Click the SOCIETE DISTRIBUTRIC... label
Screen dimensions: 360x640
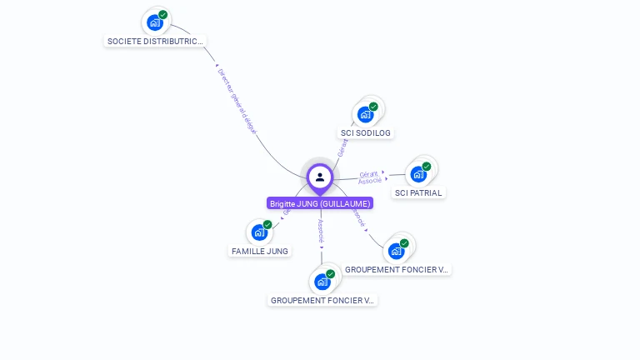pyautogui.click(x=155, y=41)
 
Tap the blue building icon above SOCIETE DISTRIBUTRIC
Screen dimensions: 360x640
pyautogui.click(x=154, y=22)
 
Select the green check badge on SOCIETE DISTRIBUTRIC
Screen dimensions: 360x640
pyautogui.click(x=163, y=15)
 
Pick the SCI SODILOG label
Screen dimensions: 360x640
pyautogui.click(x=366, y=132)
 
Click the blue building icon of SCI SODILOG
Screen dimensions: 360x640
pyautogui.click(x=365, y=114)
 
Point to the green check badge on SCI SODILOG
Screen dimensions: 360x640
pyautogui.click(x=373, y=107)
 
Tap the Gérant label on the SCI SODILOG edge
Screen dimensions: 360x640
pyautogui.click(x=342, y=147)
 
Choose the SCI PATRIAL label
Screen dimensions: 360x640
pyautogui.click(x=418, y=192)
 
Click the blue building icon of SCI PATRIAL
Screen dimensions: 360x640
pyautogui.click(x=417, y=174)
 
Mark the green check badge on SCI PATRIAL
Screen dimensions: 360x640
pyautogui.click(x=427, y=167)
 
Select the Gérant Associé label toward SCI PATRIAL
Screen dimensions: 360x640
pyautogui.click(x=370, y=177)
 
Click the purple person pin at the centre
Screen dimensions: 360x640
pyautogui.click(x=320, y=177)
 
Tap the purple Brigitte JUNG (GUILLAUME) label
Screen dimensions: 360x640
pyautogui.click(x=320, y=203)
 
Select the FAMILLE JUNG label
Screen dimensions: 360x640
pyautogui.click(x=259, y=251)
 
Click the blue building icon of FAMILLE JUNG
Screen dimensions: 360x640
pyautogui.click(x=258, y=232)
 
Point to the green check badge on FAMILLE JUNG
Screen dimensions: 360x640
pyautogui.click(x=267, y=225)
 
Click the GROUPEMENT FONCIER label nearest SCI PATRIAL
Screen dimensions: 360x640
pyautogui.click(x=397, y=270)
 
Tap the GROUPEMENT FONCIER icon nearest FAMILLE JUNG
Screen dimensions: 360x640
pyautogui.click(x=322, y=282)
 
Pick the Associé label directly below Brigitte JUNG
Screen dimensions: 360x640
pyautogui.click(x=322, y=230)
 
